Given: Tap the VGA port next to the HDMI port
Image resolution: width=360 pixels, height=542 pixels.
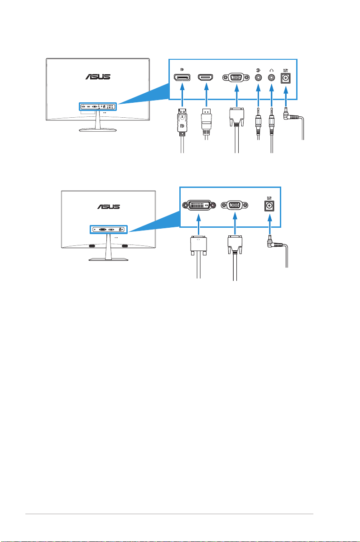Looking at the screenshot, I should [x=237, y=78].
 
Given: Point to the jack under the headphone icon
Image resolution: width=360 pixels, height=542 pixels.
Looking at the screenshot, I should [x=271, y=78].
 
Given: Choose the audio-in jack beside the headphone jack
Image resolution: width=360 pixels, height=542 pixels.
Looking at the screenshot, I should [x=258, y=78].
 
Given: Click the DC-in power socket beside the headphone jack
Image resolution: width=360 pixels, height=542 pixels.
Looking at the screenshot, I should [x=286, y=78].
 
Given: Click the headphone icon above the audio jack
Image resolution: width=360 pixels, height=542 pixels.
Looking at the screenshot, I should [x=271, y=70].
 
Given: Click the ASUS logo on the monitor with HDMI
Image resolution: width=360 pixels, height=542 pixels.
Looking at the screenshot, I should [x=98, y=77].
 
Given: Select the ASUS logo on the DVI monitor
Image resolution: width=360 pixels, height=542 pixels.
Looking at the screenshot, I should [x=109, y=206].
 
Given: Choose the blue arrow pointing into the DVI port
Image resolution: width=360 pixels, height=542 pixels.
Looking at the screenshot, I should [x=198, y=225].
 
